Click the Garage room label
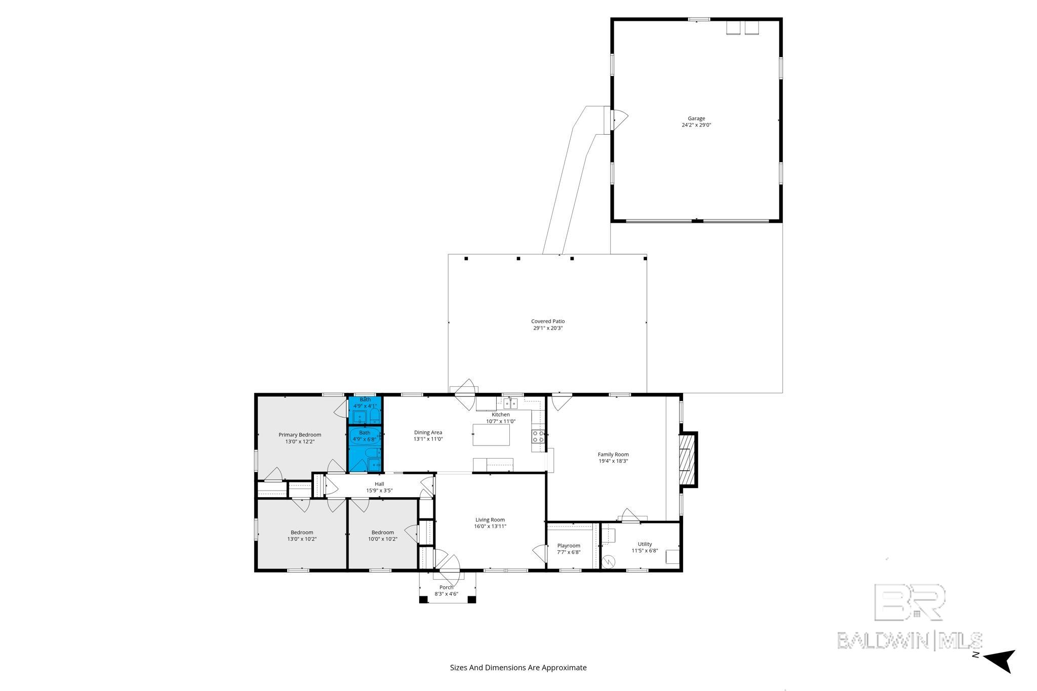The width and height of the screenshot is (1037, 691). pyautogui.click(x=696, y=118)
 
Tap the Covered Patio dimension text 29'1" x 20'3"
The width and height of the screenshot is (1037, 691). pyautogui.click(x=548, y=328)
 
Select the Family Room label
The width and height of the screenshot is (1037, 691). pyautogui.click(x=613, y=455)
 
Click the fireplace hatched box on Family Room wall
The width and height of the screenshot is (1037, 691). pyautogui.click(x=685, y=460)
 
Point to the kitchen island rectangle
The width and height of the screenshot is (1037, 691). pyautogui.click(x=491, y=435)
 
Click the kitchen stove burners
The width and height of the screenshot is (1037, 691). pyautogui.click(x=538, y=436)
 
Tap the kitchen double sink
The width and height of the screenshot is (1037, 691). pyautogui.click(x=510, y=403)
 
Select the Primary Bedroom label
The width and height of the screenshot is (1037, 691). pyautogui.click(x=300, y=435)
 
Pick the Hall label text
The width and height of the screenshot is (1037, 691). pyautogui.click(x=379, y=484)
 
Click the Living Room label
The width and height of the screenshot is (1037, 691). pyautogui.click(x=490, y=520)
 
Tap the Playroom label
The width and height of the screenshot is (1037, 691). pyautogui.click(x=569, y=546)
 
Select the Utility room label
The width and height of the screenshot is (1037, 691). pyautogui.click(x=645, y=544)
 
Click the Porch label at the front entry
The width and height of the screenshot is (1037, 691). pyautogui.click(x=447, y=588)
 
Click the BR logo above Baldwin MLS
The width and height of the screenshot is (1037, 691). pyautogui.click(x=910, y=603)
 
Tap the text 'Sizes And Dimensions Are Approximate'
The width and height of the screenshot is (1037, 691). pyautogui.click(x=518, y=668)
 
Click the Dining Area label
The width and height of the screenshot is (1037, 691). pyautogui.click(x=428, y=432)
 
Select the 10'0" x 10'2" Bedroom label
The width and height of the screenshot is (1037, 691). pyautogui.click(x=383, y=536)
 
